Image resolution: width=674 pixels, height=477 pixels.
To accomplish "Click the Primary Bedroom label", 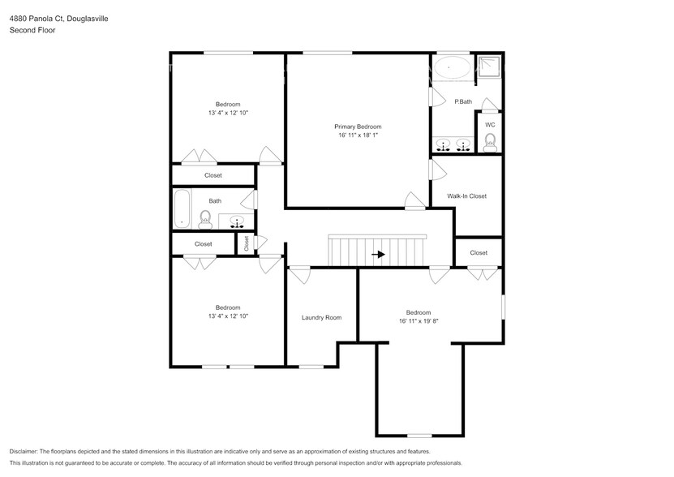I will click(358, 127).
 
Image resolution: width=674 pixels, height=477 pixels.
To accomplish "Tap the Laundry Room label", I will click(321, 317).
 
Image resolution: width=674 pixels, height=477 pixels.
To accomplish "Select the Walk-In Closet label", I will click(467, 196).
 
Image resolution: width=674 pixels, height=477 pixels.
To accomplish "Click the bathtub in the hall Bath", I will click(181, 208).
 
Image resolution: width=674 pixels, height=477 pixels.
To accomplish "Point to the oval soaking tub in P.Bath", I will click(451, 67).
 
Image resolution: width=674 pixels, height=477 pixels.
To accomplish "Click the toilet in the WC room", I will click(490, 143).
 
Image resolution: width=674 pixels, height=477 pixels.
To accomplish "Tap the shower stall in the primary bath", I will click(489, 67).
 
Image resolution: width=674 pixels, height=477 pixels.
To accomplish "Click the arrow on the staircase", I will click(378, 254).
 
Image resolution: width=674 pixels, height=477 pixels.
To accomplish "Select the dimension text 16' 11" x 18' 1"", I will click(358, 135).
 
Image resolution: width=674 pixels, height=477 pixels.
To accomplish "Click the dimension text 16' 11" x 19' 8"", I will click(418, 321).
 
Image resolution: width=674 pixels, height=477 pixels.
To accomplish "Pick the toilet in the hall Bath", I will click(205, 218).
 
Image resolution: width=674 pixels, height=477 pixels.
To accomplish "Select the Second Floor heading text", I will click(28, 30).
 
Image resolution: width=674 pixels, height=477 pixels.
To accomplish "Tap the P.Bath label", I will click(463, 101).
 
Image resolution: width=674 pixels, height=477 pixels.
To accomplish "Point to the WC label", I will click(490, 125).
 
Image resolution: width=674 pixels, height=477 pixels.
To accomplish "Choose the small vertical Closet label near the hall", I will click(246, 243).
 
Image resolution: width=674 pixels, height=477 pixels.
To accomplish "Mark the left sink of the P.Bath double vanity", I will click(443, 144).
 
